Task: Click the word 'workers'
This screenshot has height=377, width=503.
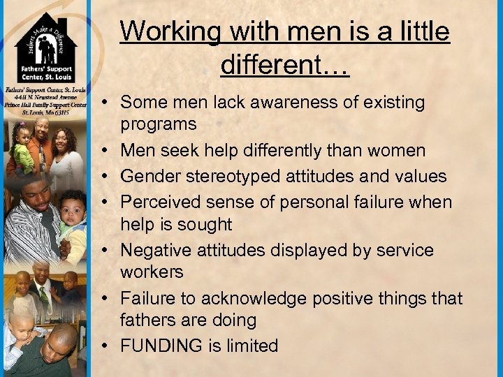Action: click(152, 272)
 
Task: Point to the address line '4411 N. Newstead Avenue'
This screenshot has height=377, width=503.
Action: click(45, 98)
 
